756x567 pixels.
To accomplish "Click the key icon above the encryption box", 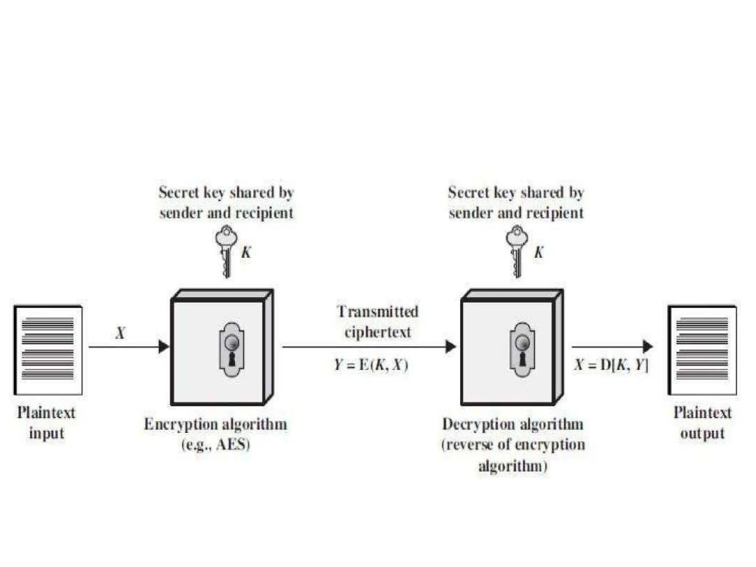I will pyautogui.click(x=226, y=251).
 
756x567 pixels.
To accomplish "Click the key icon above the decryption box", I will pyautogui.click(x=517, y=251).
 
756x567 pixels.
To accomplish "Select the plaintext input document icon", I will pyautogui.click(x=48, y=350).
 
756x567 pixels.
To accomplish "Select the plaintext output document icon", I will pyautogui.click(x=702, y=350).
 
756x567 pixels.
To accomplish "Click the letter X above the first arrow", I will pyautogui.click(x=120, y=333).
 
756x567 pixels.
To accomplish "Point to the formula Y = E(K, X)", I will pyautogui.click(x=371, y=365).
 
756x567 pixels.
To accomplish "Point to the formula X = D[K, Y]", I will pyautogui.click(x=611, y=365).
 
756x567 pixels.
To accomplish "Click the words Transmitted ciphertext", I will pyautogui.click(x=378, y=322).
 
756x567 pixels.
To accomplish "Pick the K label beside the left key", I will pyautogui.click(x=246, y=252).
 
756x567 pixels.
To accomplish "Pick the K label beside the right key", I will pyautogui.click(x=539, y=252).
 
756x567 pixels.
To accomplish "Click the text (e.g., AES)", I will pyautogui.click(x=216, y=444).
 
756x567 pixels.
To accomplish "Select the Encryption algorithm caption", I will pyautogui.click(x=216, y=424).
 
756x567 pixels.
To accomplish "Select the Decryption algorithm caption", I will pyautogui.click(x=513, y=424).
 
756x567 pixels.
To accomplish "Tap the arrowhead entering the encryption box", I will pyautogui.click(x=164, y=347).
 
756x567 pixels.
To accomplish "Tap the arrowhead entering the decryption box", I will pyautogui.click(x=451, y=347).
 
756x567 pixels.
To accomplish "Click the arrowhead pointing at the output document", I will pyautogui.click(x=648, y=347).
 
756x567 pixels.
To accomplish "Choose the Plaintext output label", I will pyautogui.click(x=702, y=423).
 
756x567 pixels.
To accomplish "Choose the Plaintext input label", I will pyautogui.click(x=47, y=423).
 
